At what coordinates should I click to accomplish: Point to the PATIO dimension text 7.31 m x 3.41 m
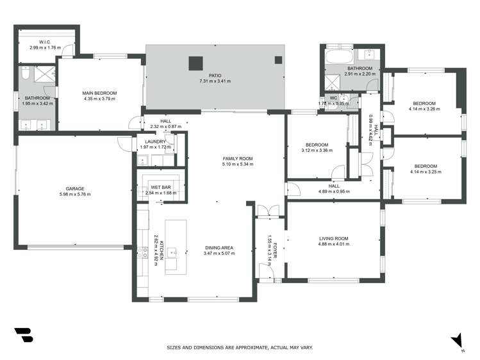point(214,81)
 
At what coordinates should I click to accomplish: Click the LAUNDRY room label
point(156,142)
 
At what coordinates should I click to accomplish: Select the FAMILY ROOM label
point(238,158)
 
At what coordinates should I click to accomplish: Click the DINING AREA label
point(219,248)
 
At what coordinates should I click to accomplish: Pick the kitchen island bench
point(176,247)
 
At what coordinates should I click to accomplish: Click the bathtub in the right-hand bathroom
point(337,58)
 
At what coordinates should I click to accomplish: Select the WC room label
point(333,98)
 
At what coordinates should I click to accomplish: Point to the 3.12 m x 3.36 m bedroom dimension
point(316,151)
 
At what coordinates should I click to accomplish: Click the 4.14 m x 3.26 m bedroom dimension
point(424,109)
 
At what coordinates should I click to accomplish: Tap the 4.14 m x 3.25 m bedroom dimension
point(424,172)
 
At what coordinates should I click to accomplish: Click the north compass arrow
point(457,340)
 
